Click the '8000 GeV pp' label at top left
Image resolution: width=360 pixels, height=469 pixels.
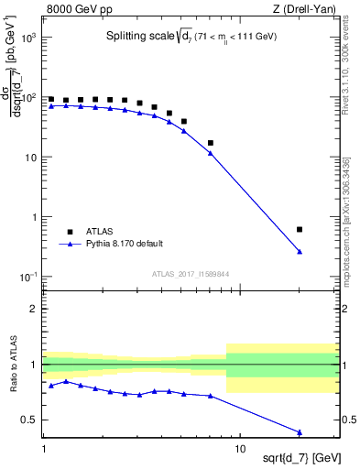pyautogui.click(x=80, y=8)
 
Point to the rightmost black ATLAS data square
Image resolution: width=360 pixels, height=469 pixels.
pyautogui.click(x=300, y=229)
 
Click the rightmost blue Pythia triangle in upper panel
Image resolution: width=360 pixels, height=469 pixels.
pyautogui.click(x=300, y=251)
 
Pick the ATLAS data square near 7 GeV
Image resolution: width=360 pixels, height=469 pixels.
pyautogui.click(x=211, y=143)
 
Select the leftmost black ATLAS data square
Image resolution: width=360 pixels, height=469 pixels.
pyautogui.click(x=51, y=99)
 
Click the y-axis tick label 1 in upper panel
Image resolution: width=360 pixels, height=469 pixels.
pyautogui.click(x=35, y=218)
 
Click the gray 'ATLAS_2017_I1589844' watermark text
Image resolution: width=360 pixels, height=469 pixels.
pyautogui.click(x=191, y=273)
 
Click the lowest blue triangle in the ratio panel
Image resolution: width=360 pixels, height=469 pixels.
pyautogui.click(x=300, y=432)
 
